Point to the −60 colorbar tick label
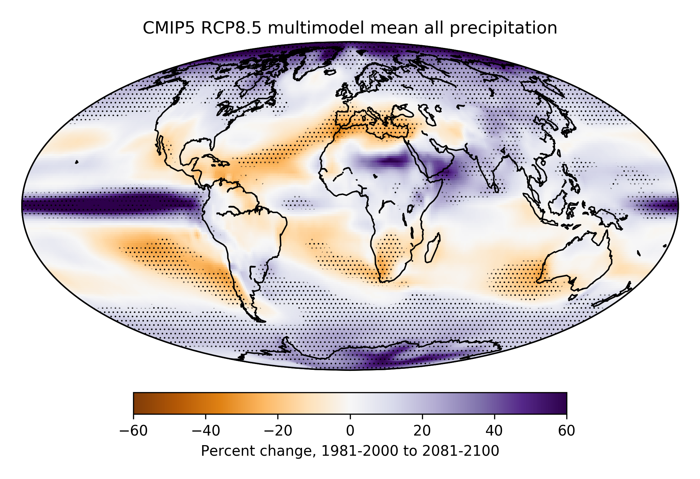click(133, 431)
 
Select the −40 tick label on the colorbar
click(206, 431)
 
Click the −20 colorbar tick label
click(278, 431)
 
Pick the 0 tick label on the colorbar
click(350, 431)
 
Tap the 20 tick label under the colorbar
click(422, 431)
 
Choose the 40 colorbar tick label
click(494, 431)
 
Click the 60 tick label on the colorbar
click(567, 431)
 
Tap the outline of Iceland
click(330, 73)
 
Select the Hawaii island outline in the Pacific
click(77, 162)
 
